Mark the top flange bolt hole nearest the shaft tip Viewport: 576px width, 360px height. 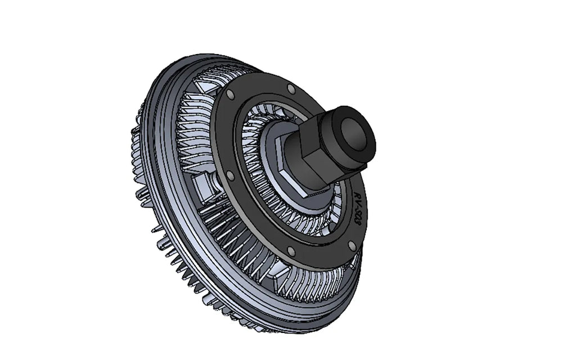(291, 89)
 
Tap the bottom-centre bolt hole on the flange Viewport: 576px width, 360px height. (290, 252)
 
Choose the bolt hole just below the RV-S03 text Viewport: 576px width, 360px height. (352, 246)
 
